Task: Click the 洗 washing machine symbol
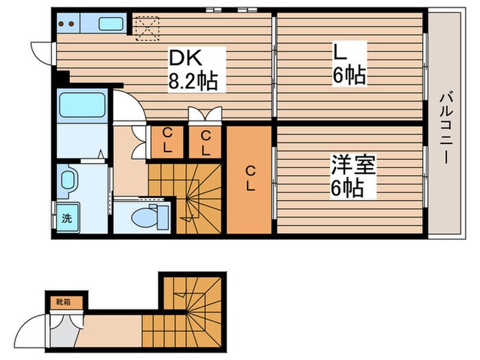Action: [67, 218]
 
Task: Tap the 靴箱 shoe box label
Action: [64, 302]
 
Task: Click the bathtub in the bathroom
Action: [82, 105]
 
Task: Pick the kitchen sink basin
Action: [111, 23]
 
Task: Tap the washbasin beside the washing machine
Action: [68, 180]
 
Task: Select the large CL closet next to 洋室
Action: [250, 180]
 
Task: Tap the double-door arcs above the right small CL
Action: [205, 114]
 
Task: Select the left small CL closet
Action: [167, 142]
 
